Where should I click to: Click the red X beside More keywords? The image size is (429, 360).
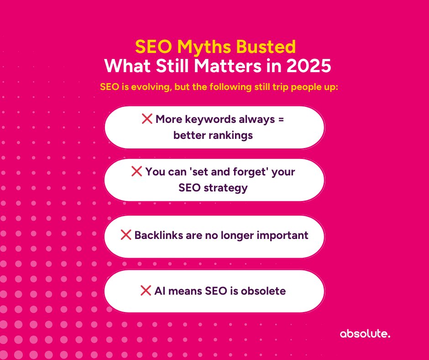[x=147, y=119]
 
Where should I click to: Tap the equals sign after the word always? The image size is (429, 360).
[x=281, y=120]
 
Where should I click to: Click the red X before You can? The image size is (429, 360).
[x=136, y=172]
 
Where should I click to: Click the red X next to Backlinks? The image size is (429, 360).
[x=126, y=235]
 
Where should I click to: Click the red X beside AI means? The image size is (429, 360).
[x=146, y=291]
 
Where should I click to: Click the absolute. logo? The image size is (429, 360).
[x=365, y=334]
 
